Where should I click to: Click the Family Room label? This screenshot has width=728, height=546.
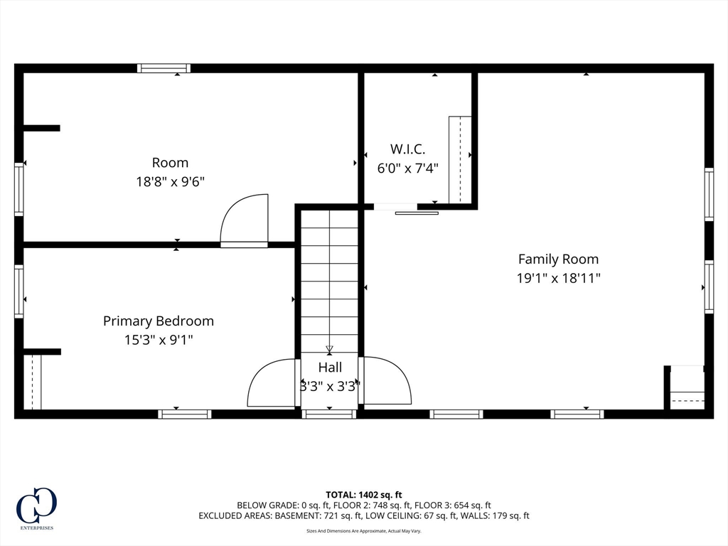click(x=558, y=259)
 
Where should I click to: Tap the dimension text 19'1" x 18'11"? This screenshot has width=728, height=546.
click(x=559, y=278)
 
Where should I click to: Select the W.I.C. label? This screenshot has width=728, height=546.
click(x=407, y=149)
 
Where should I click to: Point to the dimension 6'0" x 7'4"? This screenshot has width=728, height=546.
click(x=407, y=168)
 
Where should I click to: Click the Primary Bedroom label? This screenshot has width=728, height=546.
click(x=159, y=321)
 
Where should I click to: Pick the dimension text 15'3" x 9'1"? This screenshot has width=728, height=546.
click(x=159, y=341)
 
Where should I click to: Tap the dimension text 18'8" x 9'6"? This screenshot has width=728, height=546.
click(x=170, y=181)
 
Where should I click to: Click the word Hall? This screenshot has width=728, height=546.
click(x=330, y=368)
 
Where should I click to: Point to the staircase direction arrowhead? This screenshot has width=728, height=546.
click(x=330, y=348)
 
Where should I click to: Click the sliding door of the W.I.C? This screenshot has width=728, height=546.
click(x=417, y=213)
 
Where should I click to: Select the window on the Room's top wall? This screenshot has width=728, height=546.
click(x=164, y=68)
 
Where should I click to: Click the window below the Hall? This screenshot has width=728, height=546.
click(x=329, y=414)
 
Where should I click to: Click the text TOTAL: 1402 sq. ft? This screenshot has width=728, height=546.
click(x=363, y=495)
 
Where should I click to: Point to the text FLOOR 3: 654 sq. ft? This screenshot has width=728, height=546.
click(x=453, y=505)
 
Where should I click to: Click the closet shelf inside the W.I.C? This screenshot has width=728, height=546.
click(x=460, y=160)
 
